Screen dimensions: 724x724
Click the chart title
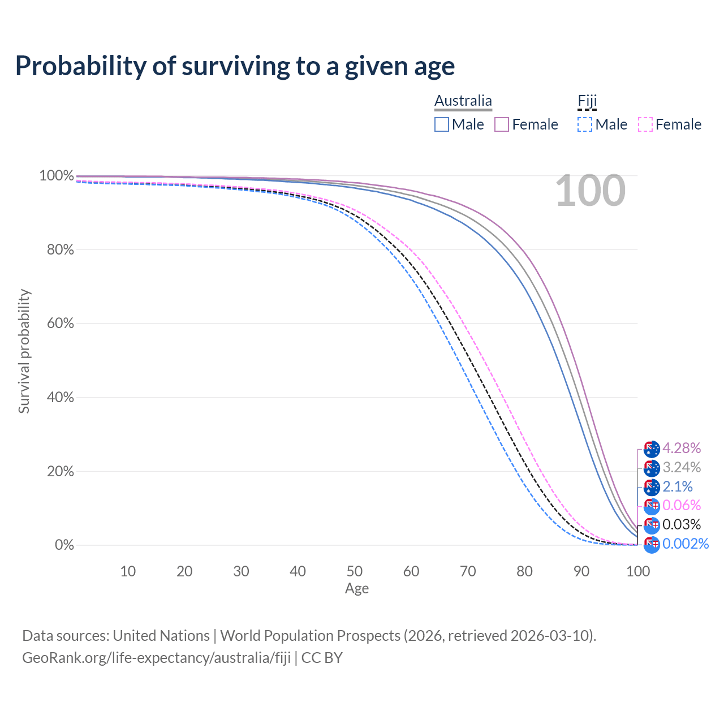[235, 66]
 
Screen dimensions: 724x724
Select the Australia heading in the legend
[463, 101]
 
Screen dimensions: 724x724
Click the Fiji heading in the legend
[587, 101]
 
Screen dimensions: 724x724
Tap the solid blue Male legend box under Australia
[442, 124]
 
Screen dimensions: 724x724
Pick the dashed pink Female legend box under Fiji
[645, 124]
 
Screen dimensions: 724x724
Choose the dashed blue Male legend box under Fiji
[585, 124]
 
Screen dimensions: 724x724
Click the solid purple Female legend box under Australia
[502, 124]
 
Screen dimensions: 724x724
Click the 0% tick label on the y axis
[64, 545]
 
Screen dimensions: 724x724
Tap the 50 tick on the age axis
[355, 571]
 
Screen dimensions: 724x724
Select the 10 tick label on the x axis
[128, 571]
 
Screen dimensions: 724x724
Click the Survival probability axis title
[24, 351]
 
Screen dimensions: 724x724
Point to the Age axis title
[357, 589]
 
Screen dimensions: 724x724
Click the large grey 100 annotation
[590, 191]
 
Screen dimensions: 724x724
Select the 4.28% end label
[682, 448]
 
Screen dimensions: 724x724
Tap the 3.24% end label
[682, 467]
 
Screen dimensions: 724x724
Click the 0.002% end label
[686, 544]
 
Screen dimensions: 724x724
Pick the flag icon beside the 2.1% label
[652, 487]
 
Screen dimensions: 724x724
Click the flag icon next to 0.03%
[652, 525]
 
